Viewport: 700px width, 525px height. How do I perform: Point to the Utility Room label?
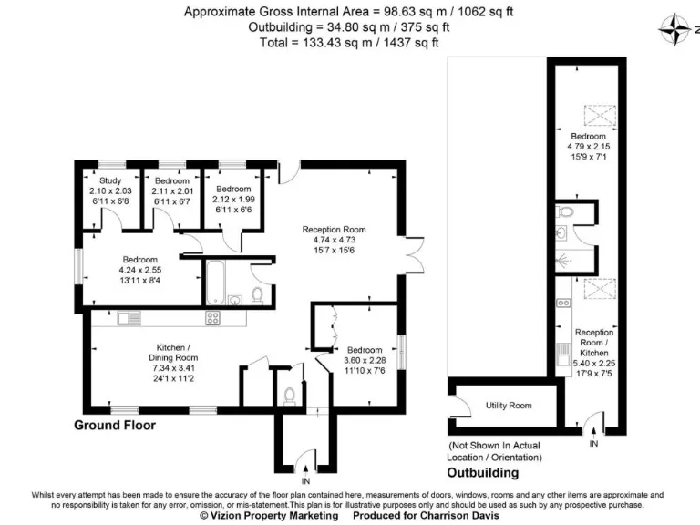point(508,405)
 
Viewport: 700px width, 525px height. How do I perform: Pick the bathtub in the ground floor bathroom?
point(215,283)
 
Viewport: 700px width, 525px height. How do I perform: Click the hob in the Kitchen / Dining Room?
point(212,318)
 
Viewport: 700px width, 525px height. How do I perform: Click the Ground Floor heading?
point(115,425)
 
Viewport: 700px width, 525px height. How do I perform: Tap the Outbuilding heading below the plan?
point(482,473)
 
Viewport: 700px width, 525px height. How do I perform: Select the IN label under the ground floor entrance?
point(305,480)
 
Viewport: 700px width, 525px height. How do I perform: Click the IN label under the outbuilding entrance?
point(593,444)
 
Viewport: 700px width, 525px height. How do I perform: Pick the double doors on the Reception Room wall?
point(416,248)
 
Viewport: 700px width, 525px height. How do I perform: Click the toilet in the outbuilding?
point(565,211)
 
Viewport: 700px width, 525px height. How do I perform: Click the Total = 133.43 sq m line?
point(350,42)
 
